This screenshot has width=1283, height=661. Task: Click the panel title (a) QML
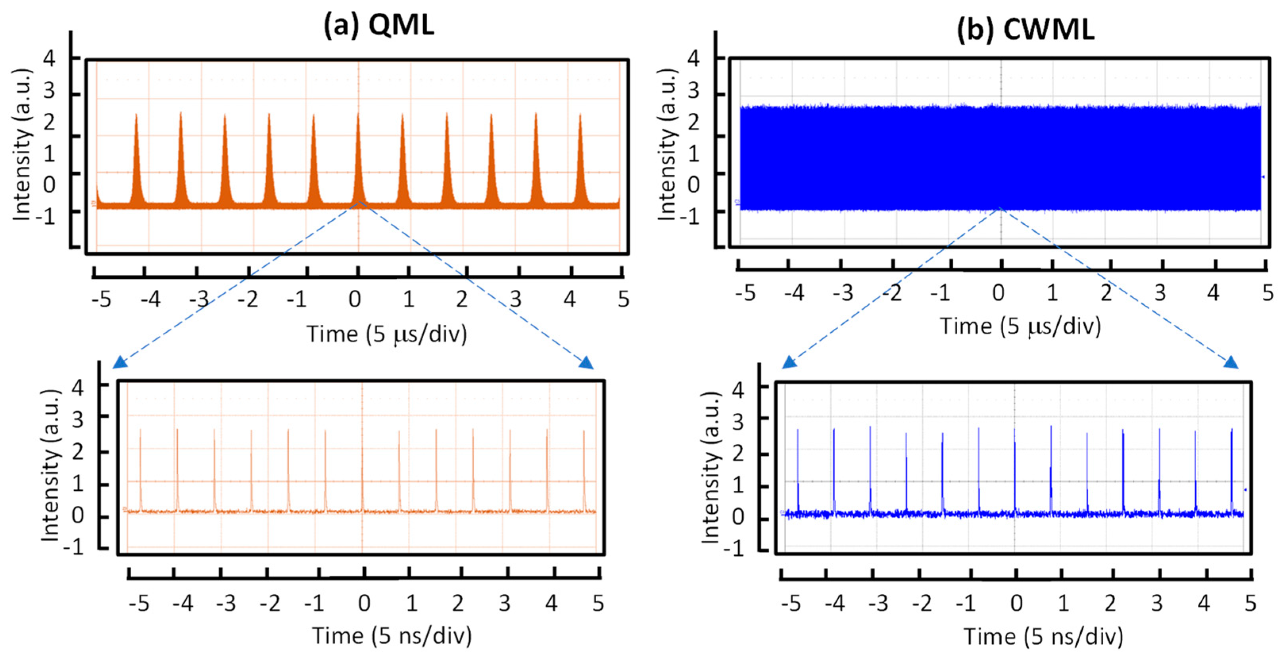[378, 25]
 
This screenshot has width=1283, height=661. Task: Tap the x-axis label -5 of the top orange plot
[101, 300]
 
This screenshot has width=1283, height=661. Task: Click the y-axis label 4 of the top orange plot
[49, 58]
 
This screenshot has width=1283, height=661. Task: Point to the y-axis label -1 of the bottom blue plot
[733, 550]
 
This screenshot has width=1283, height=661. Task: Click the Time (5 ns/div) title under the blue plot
[1043, 636]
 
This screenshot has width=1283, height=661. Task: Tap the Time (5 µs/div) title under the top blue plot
[1020, 326]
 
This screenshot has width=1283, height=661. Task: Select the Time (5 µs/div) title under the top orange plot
[386, 334]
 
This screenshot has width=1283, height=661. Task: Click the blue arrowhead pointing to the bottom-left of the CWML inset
[789, 362]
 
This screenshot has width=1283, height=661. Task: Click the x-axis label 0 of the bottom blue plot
[1016, 603]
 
